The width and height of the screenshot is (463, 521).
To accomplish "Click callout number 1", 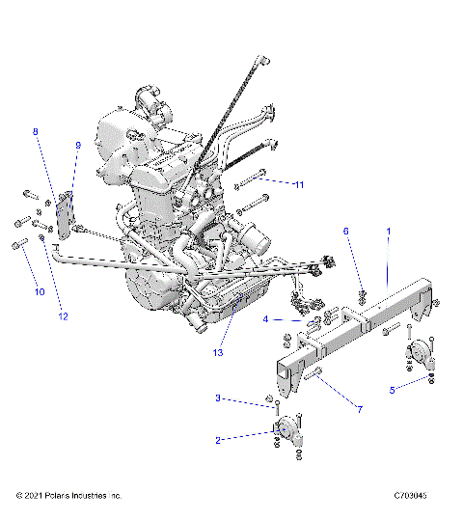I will point(388,232).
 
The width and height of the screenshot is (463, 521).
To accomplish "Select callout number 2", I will point(218,440).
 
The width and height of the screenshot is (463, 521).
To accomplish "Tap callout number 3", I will point(218,398).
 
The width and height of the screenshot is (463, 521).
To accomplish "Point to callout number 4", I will point(265,318).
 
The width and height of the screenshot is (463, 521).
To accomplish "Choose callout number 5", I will point(392,390).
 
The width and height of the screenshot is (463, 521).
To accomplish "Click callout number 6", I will point(347,232).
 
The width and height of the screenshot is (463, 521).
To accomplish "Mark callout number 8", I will point(36,130).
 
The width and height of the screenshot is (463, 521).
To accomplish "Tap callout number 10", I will point(41,290).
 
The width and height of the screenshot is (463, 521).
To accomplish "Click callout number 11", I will point(300,183).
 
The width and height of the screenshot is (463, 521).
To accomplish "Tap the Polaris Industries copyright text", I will point(69,495).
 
